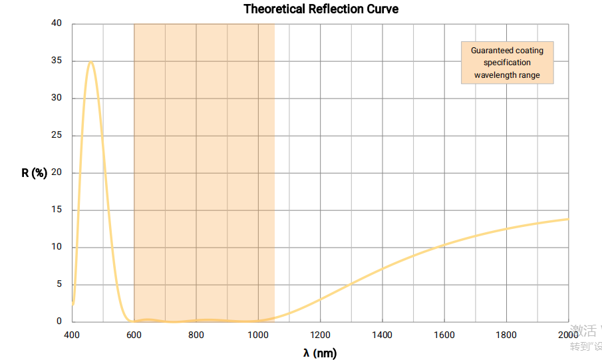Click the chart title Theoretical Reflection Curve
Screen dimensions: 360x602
321,9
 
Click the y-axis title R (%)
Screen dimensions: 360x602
35,173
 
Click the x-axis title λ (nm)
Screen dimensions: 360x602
320,353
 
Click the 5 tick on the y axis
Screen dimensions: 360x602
59,284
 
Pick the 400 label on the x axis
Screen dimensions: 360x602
72,335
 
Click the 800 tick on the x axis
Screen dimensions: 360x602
196,335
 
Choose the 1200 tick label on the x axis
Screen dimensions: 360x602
320,335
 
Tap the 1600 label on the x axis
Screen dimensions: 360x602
444,335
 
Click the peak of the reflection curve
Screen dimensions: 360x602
90,62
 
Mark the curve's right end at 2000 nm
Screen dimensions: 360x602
568,218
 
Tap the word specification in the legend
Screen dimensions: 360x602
507,63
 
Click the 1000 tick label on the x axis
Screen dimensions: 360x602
258,335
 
